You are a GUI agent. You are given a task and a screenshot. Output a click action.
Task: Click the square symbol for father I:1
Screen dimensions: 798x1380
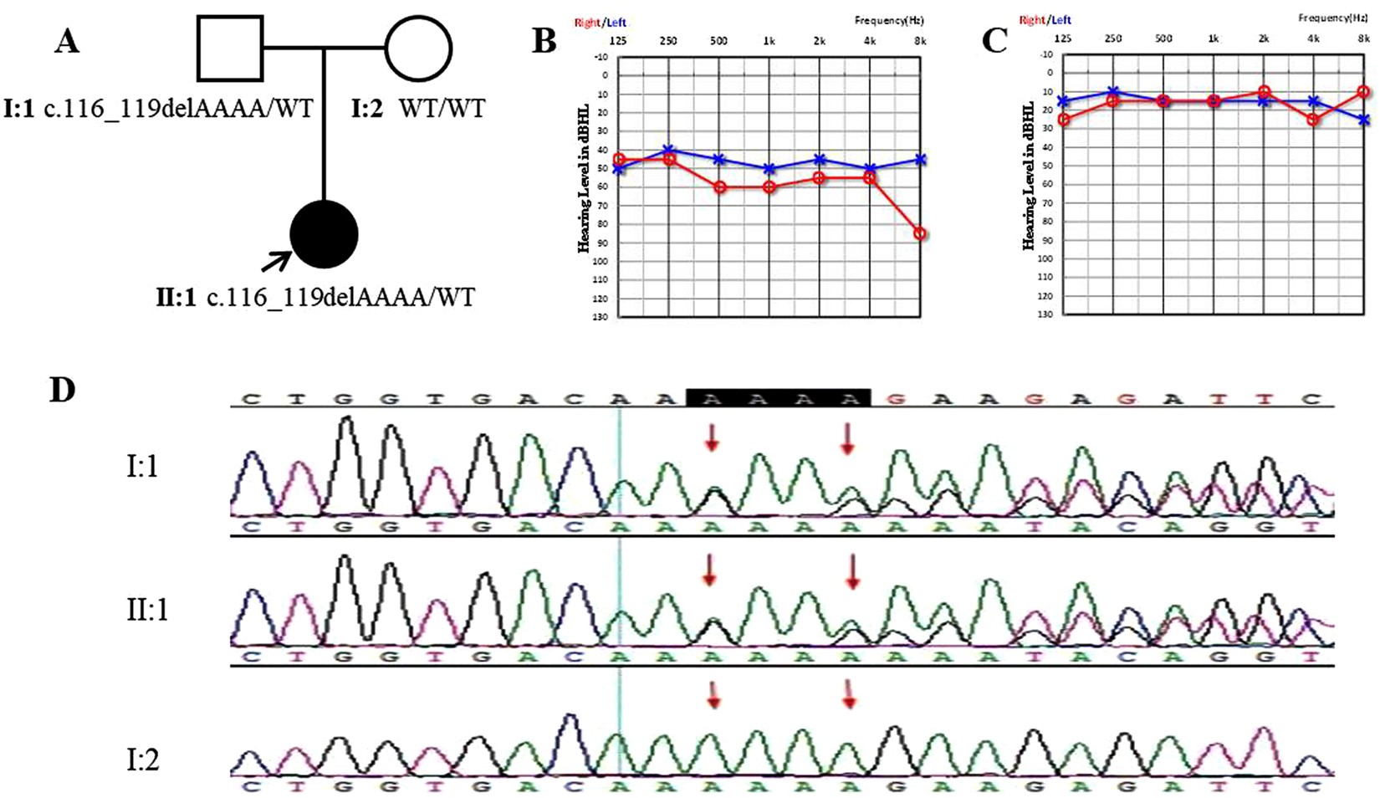click(x=230, y=49)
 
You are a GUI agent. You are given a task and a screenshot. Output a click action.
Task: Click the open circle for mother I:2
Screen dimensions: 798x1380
click(x=418, y=49)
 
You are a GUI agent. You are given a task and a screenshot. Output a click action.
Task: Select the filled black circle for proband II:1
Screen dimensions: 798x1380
click(x=324, y=235)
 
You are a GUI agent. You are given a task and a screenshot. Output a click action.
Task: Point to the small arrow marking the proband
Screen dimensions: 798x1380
click(x=276, y=262)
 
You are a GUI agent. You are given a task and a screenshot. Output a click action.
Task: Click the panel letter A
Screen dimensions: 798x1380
click(x=67, y=40)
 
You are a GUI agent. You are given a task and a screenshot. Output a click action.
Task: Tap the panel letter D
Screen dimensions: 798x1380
click(x=62, y=390)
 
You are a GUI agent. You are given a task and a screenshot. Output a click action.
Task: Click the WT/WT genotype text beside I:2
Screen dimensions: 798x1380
click(x=442, y=108)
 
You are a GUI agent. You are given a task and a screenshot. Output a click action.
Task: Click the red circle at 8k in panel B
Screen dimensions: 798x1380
click(x=920, y=234)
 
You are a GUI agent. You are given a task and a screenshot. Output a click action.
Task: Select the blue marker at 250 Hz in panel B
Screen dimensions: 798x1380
click(x=668, y=150)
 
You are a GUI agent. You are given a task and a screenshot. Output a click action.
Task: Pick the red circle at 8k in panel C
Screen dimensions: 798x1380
click(x=1363, y=92)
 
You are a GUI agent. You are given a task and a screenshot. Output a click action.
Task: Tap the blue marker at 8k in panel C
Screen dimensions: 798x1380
click(x=1363, y=120)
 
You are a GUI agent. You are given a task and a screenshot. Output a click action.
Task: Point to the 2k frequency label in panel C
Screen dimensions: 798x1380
click(x=1263, y=38)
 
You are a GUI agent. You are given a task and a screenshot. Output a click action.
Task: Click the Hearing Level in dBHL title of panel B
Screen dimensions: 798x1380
click(x=583, y=178)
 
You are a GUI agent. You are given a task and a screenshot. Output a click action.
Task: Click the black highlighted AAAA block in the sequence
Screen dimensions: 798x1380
click(x=778, y=399)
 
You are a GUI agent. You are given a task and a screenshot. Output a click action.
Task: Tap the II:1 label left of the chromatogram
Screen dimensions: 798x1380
click(x=147, y=610)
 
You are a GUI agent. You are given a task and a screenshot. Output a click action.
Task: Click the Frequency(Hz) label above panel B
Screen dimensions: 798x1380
click(x=889, y=20)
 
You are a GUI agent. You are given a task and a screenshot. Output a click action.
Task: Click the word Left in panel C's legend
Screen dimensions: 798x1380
click(x=1060, y=19)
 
